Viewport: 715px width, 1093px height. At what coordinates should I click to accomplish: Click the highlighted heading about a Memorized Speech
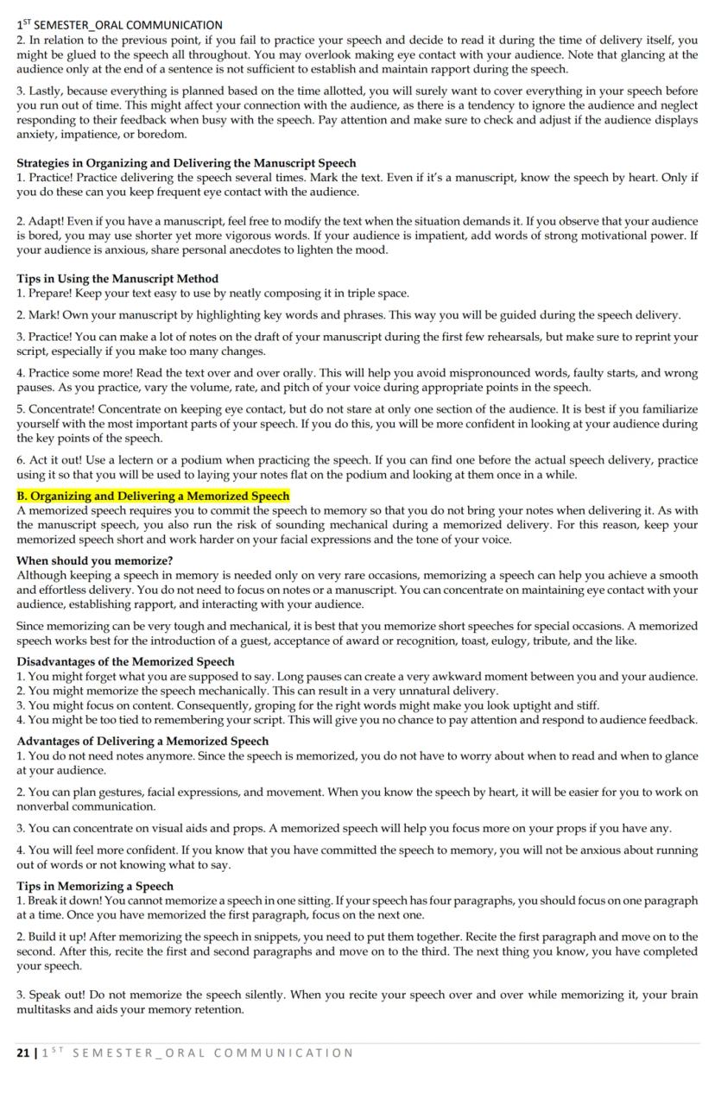click(x=153, y=496)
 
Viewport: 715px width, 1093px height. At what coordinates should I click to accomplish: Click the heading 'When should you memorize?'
click(x=94, y=561)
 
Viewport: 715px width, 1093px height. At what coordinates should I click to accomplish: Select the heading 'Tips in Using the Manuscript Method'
click(x=117, y=279)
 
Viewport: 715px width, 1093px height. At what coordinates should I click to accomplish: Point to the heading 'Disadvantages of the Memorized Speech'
click(x=125, y=662)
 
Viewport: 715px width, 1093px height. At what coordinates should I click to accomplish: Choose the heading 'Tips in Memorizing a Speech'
click(x=95, y=886)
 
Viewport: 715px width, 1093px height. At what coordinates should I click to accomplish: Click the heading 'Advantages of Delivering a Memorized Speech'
click(x=142, y=742)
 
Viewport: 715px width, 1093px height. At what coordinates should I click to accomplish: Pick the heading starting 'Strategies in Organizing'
click(x=186, y=163)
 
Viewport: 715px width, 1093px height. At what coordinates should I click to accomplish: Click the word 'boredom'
click(x=162, y=135)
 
